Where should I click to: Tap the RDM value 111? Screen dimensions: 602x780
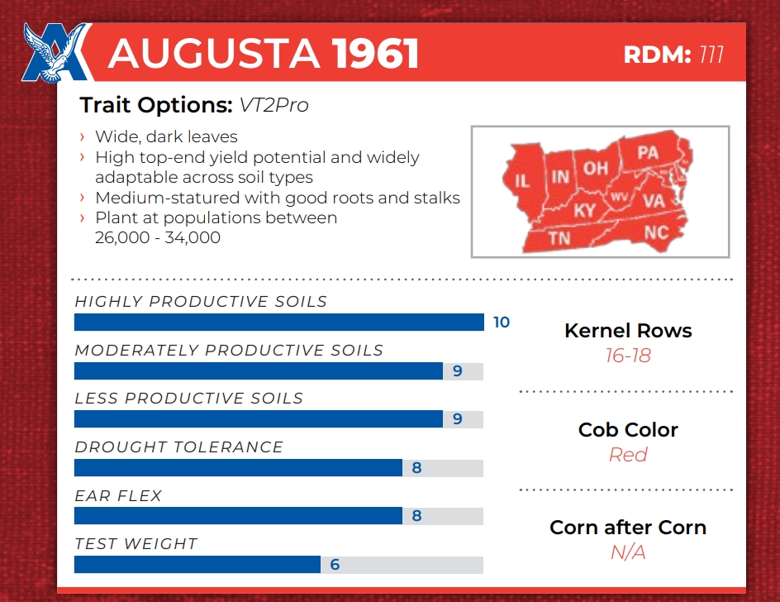coord(711,55)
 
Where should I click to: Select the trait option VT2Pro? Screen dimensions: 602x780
coord(273,105)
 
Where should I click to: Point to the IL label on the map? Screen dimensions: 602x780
coord(522,180)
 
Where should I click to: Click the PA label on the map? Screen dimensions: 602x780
coord(648,153)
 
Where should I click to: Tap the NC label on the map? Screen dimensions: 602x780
coord(655,232)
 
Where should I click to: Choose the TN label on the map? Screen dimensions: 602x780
coord(559,238)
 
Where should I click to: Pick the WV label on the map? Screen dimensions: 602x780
coord(618,197)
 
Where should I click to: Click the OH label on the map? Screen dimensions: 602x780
coord(596,169)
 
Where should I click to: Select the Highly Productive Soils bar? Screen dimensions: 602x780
coord(279,322)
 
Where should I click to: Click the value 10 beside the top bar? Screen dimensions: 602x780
coord(502,322)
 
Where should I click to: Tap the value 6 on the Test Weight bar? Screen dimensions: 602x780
coord(335,565)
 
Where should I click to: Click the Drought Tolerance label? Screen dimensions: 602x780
coord(178,447)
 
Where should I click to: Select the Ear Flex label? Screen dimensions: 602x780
coord(118,496)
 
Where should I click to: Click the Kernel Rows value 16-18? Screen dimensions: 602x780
coord(628,356)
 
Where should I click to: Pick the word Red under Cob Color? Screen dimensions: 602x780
coord(628,455)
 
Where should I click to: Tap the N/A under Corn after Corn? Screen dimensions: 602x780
coord(628,552)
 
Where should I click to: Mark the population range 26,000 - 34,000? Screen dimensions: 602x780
coord(159,238)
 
